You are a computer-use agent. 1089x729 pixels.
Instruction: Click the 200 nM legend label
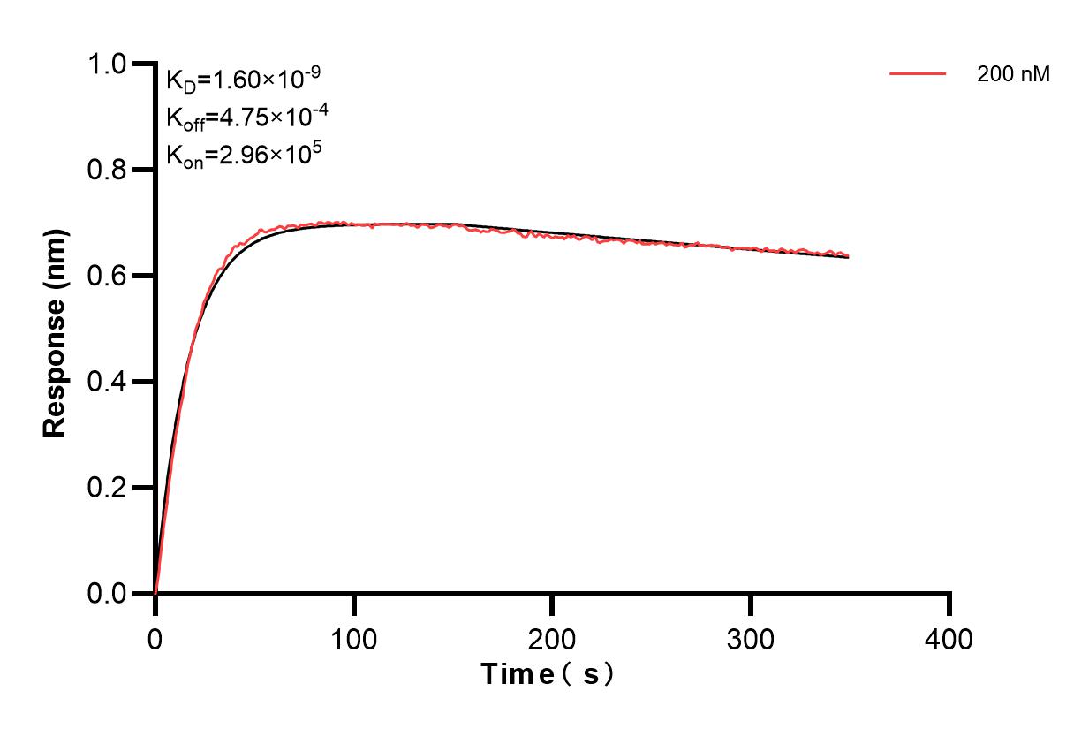(1013, 75)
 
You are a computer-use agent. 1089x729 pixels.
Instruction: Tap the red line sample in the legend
(918, 74)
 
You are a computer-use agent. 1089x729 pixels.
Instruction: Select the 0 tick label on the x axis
(155, 638)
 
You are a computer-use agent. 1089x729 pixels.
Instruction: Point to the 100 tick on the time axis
(353, 638)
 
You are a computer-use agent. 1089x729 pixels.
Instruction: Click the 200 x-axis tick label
(552, 638)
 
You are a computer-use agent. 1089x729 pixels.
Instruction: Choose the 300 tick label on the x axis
(751, 638)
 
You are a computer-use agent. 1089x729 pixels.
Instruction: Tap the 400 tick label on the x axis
(949, 638)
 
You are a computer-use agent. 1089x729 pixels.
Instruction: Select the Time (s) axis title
(548, 675)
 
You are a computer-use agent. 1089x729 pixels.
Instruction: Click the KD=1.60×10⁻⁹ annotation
(243, 80)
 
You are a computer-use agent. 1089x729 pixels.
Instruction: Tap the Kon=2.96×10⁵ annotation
(244, 155)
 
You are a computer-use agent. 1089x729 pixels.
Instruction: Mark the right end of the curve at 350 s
(849, 256)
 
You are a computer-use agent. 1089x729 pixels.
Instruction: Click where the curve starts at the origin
(155, 593)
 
